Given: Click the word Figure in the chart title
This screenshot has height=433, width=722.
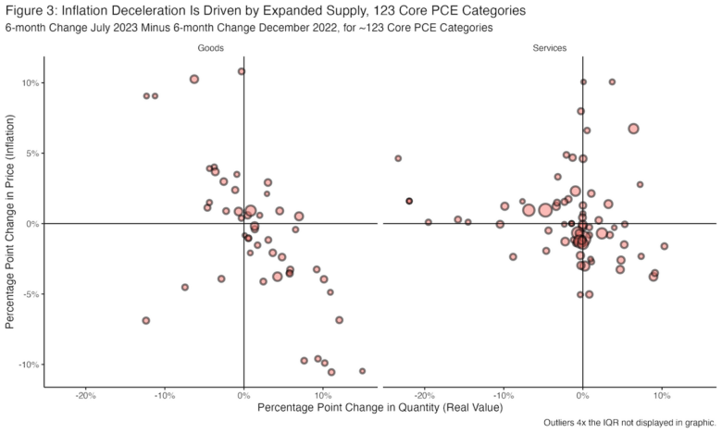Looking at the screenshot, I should coord(28,10).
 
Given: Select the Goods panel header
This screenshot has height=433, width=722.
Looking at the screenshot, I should coord(211,46).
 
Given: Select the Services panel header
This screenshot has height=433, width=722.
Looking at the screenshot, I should coord(550,46).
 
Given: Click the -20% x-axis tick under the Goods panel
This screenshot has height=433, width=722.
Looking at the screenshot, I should coord(85,395).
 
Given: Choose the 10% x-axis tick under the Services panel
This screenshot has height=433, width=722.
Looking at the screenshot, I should coord(661,395).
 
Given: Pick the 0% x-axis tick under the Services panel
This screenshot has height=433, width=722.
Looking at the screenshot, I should coord(582,395).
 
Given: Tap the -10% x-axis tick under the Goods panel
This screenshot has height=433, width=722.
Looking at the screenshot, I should coord(164,395).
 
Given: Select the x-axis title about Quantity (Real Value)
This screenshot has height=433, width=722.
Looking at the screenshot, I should coord(380,408).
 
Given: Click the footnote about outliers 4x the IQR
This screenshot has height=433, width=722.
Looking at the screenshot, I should coord(631,424).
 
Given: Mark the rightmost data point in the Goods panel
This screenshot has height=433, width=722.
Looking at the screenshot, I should coord(362,371).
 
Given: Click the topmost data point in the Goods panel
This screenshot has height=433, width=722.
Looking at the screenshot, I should coord(242,71).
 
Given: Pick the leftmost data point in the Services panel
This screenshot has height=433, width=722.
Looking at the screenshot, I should coord(398,158).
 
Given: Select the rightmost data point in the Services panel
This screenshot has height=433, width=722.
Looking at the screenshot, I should coord(664,246).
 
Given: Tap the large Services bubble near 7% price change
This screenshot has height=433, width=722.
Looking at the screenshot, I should coord(633,129).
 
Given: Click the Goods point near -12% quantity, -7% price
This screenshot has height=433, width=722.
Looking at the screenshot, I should coord(146,320).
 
